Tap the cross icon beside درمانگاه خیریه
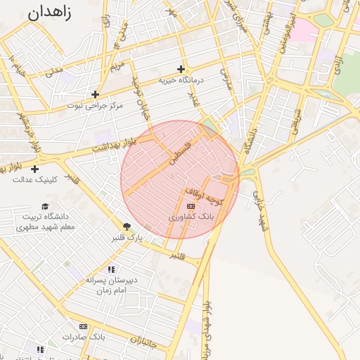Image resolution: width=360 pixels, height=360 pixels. [181, 69]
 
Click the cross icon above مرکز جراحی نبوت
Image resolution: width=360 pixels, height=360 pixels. [95, 94]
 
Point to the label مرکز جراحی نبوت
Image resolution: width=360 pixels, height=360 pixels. [95, 105]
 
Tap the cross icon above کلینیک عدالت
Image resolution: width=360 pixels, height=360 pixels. [34, 169]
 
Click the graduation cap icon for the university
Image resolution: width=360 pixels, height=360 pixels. [46, 206]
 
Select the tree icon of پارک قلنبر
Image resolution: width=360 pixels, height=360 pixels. [127, 226]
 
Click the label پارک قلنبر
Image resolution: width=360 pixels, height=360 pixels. [127, 238]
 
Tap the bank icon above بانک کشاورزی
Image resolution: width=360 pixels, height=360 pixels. [191, 206]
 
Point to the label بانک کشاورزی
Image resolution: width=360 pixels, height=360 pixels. [191, 218]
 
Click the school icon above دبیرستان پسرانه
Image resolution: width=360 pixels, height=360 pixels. [111, 269]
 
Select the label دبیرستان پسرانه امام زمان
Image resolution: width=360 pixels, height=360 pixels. [110, 285]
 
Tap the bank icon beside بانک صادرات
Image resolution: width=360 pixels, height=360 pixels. [83, 326]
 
